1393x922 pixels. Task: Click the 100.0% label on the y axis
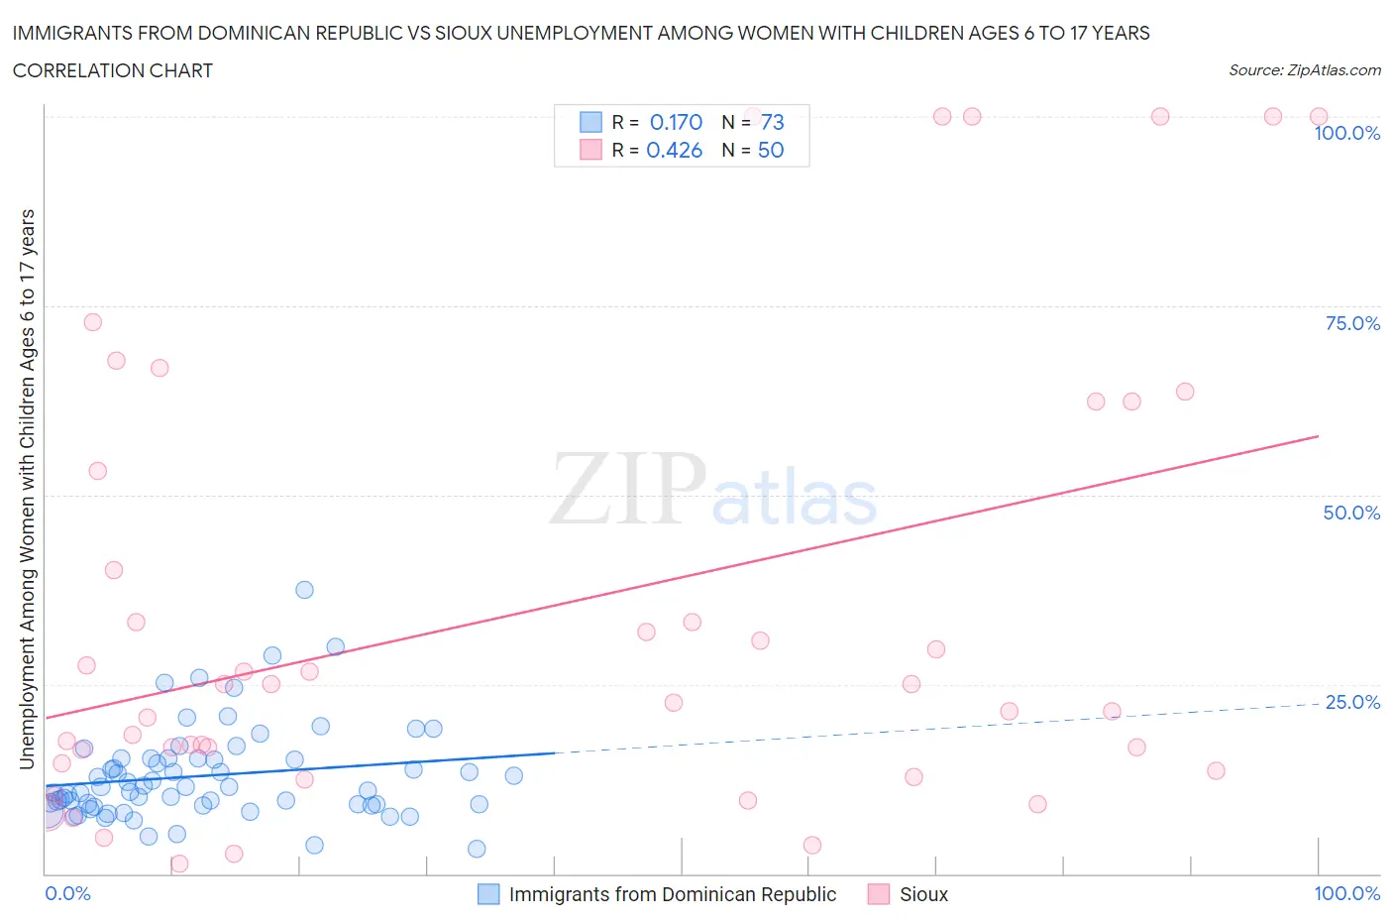click(1346, 133)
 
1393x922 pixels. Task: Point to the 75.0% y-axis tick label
click(1352, 323)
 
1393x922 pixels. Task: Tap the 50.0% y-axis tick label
click(1351, 513)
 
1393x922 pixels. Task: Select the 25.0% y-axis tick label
click(1352, 702)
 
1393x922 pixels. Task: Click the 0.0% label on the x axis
click(67, 893)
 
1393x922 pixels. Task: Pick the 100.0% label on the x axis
click(1346, 893)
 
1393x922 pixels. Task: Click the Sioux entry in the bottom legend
click(923, 894)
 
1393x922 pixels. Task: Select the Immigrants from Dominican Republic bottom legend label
click(672, 894)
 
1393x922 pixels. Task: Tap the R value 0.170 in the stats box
click(676, 122)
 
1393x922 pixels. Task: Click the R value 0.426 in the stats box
click(674, 150)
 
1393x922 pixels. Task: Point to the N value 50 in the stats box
click(770, 150)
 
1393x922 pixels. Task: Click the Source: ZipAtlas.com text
click(1304, 69)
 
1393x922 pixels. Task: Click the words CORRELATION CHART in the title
click(113, 70)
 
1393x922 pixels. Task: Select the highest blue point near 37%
click(304, 590)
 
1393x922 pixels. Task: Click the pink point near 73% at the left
click(92, 322)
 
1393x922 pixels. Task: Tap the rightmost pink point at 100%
click(1318, 117)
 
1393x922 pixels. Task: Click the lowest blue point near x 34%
click(477, 849)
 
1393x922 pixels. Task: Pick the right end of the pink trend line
click(1318, 436)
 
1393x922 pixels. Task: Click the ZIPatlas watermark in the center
click(713, 488)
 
